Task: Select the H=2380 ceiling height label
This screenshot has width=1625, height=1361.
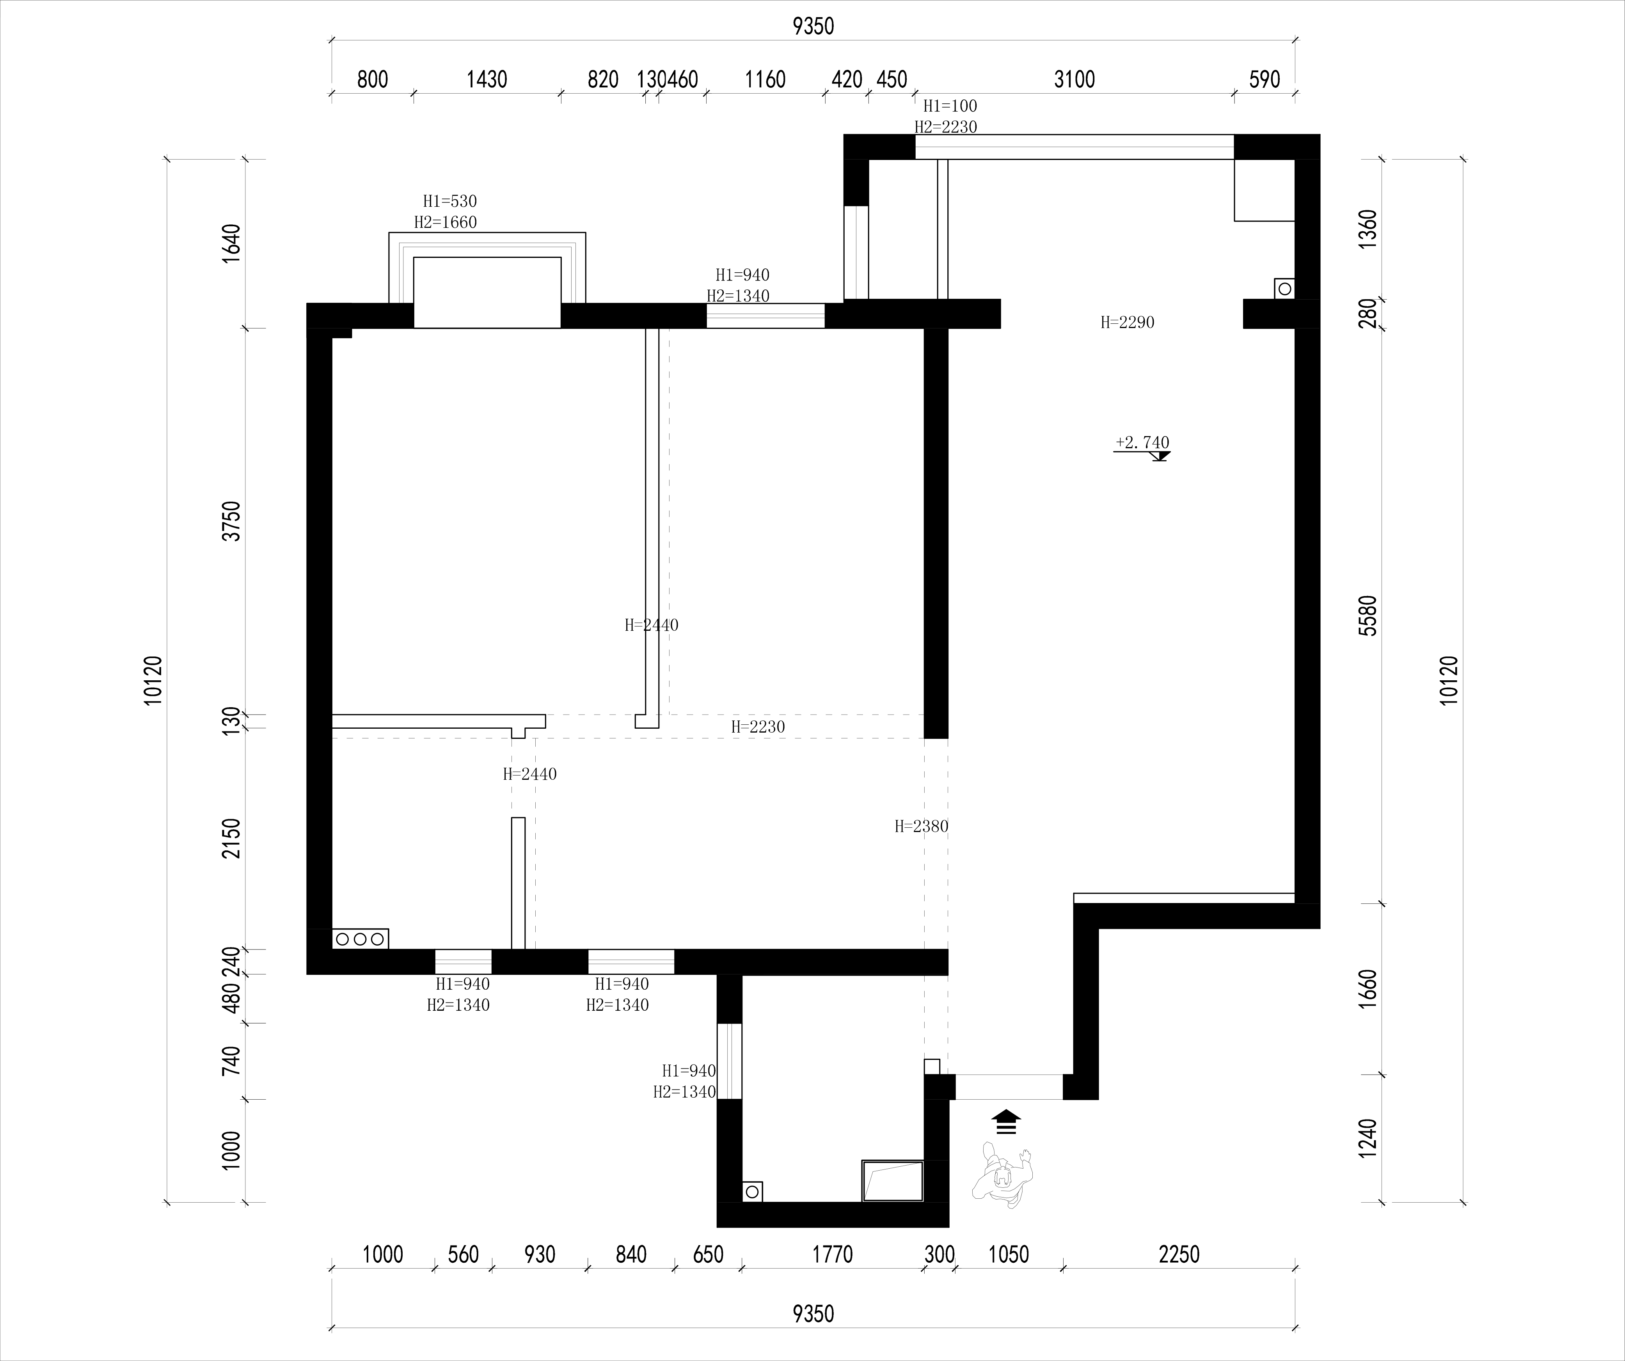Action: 922,826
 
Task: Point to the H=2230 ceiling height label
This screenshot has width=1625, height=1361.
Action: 758,727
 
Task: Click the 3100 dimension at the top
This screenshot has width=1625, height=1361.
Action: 1075,79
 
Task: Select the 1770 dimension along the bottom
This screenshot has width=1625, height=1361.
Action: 833,1254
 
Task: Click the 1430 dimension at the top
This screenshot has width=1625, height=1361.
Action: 487,79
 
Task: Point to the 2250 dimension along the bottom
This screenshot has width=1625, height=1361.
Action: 1179,1254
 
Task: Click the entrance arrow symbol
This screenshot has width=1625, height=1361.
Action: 1006,1122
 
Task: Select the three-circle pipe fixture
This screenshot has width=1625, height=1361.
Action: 361,939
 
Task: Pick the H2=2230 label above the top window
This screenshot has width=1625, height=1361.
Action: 946,127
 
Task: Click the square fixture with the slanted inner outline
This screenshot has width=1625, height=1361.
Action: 893,1181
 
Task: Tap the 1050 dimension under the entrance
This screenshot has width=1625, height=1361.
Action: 1009,1254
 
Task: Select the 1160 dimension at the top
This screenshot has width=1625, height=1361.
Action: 765,79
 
